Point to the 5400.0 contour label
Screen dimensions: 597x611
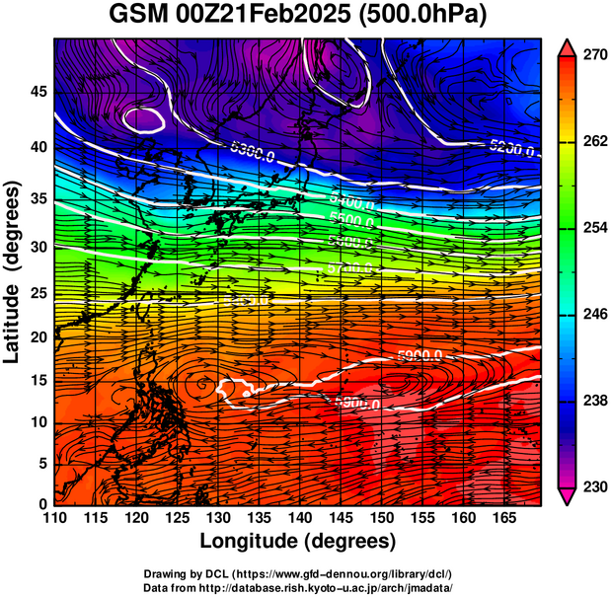pyautogui.click(x=351, y=203)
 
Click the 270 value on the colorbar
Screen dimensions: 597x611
pyautogui.click(x=593, y=56)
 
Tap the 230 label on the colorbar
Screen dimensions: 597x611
pyautogui.click(x=593, y=486)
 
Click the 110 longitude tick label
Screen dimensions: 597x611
pyautogui.click(x=55, y=519)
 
